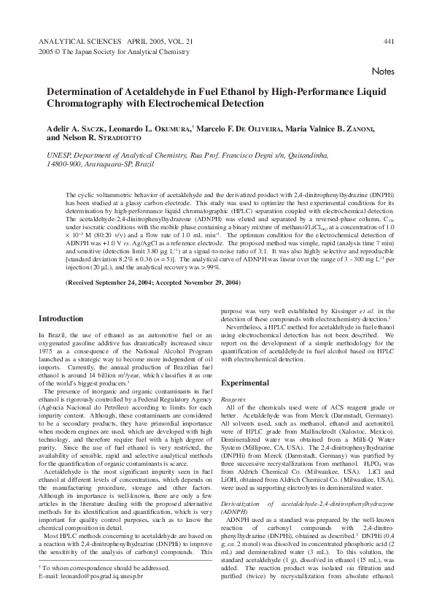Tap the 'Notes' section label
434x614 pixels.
(383, 72)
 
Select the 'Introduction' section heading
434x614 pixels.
(61, 318)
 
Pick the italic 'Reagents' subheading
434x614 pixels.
(233, 399)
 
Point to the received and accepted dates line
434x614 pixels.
(152, 281)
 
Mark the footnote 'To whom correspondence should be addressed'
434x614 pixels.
(93, 587)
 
